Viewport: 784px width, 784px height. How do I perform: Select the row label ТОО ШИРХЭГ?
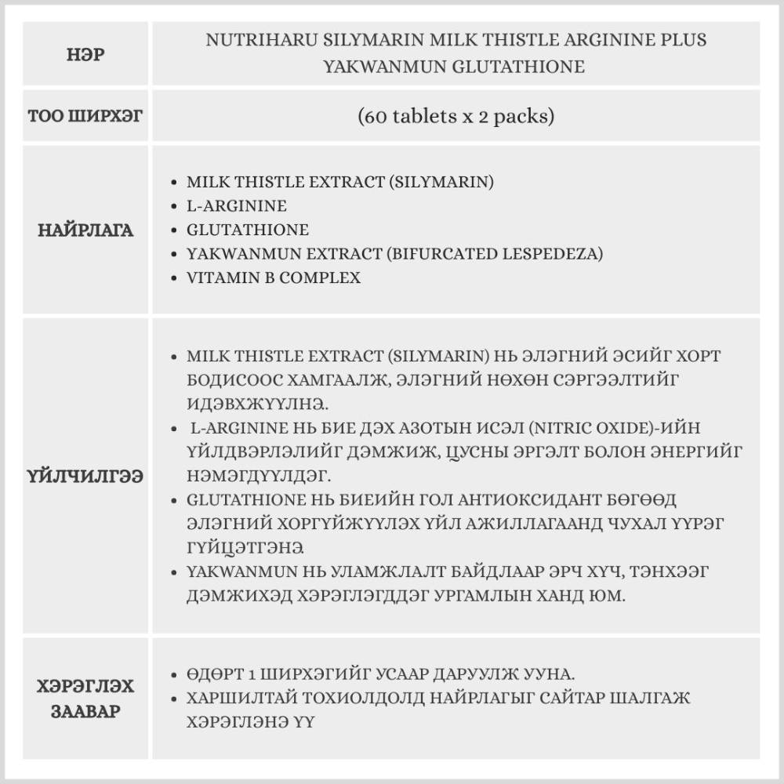point(85,117)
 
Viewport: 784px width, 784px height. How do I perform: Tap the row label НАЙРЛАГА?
point(85,230)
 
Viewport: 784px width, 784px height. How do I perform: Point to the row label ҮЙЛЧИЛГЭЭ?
point(85,476)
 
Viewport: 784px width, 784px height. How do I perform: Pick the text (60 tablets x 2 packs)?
point(456,117)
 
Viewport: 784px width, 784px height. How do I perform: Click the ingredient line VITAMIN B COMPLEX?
point(274,278)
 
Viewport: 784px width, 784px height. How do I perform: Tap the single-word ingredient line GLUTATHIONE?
point(248,230)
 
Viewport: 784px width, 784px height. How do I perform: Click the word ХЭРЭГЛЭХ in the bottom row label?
point(85,687)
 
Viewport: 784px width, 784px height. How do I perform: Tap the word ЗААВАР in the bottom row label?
point(85,713)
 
